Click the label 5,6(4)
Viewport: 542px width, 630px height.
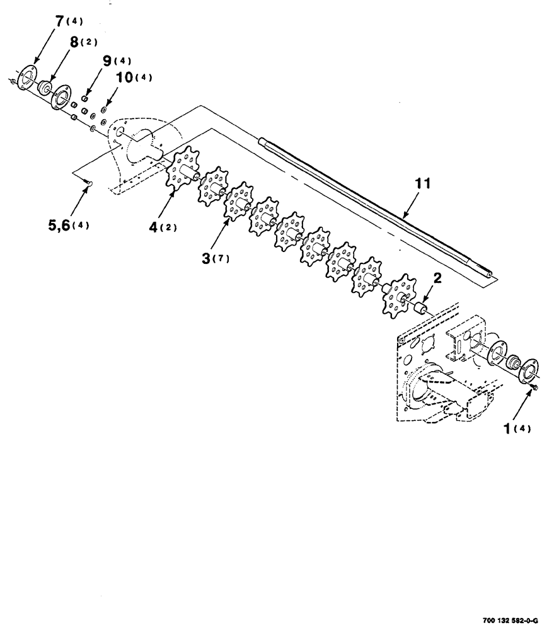tap(66, 225)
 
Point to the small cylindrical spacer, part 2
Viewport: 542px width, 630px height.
tap(420, 307)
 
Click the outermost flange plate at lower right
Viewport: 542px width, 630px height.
tap(528, 369)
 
